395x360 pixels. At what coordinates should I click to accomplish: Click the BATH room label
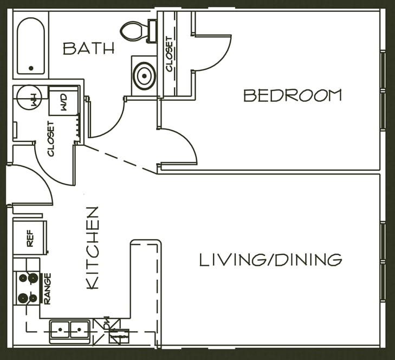tap(89, 49)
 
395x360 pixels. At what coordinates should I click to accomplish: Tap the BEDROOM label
tap(293, 95)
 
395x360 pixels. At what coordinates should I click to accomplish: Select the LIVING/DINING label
tap(271, 260)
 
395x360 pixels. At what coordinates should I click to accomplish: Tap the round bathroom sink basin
tap(144, 76)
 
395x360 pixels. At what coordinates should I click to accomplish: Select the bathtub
tap(31, 46)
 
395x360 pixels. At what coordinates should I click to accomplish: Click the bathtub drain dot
tap(31, 68)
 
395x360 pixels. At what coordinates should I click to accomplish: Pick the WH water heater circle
tap(29, 97)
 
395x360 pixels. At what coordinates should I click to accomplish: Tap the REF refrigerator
tap(30, 237)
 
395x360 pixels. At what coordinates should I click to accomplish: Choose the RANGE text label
tap(47, 289)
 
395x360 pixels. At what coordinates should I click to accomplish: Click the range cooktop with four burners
tap(27, 288)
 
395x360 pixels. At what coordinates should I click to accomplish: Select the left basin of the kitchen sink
tap(60, 330)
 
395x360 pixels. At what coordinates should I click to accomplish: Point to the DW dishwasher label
tap(107, 323)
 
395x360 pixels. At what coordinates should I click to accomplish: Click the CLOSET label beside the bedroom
tap(169, 54)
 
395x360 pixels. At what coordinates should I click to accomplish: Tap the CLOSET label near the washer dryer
tap(51, 139)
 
